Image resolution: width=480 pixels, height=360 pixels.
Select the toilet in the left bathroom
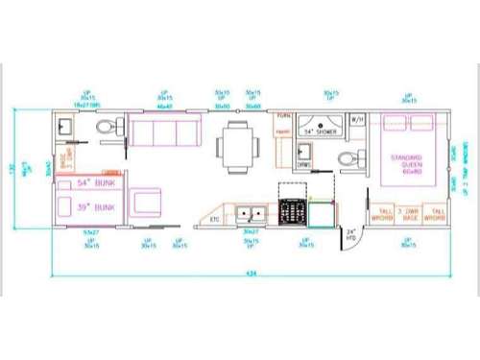click(x=111, y=128)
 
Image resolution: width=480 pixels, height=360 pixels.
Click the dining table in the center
click(x=235, y=145)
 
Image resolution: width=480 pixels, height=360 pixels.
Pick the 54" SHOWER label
click(x=323, y=129)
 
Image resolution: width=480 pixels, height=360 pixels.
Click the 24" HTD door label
click(x=351, y=234)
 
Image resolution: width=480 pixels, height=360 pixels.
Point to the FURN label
click(x=283, y=116)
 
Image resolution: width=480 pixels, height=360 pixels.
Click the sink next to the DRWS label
click(x=305, y=152)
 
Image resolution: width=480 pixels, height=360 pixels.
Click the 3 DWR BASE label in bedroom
click(x=411, y=213)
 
